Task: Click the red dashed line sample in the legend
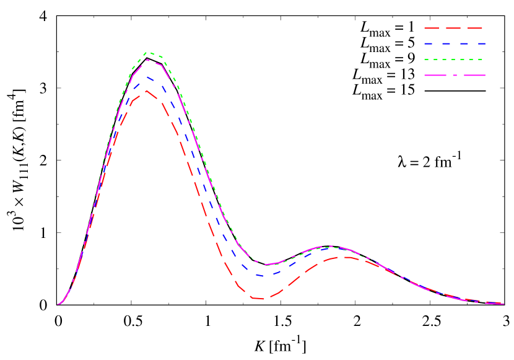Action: (x=453, y=29)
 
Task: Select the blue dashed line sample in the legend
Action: (x=454, y=44)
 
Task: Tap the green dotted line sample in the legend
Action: (x=454, y=59)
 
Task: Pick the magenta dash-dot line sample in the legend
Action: (x=454, y=75)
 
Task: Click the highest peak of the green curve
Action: (x=147, y=53)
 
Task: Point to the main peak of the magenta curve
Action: (x=147, y=60)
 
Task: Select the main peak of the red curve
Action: (x=146, y=91)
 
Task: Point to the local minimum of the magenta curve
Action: (x=266, y=265)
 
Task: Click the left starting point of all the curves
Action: (x=58, y=304)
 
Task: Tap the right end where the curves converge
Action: (x=503, y=304)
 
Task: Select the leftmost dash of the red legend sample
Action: (x=431, y=29)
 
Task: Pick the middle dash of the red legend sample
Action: (x=453, y=29)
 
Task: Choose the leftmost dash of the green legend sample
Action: (x=427, y=59)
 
